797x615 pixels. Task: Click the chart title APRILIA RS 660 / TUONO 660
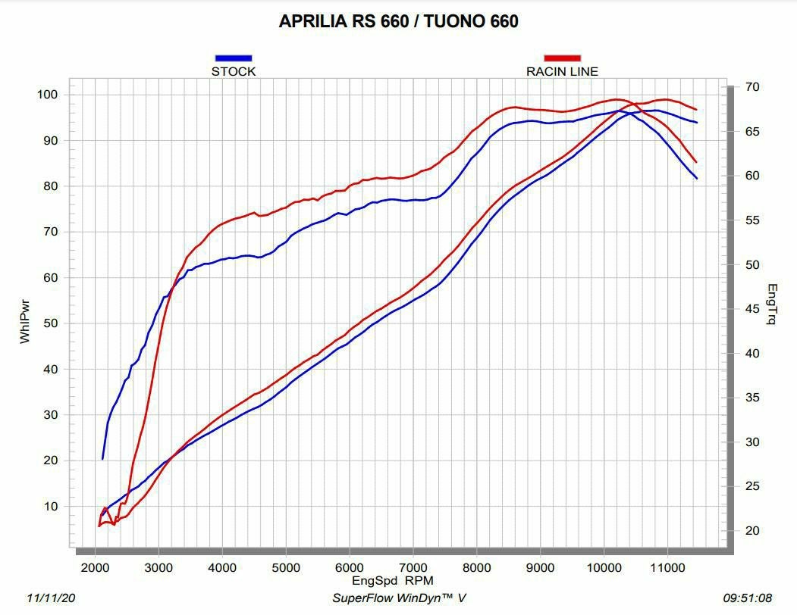click(x=398, y=21)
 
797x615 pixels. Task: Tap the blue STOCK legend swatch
click(x=234, y=58)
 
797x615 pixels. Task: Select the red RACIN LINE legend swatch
click(x=562, y=58)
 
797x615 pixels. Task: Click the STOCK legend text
click(x=234, y=72)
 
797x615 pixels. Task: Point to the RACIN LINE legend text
click(x=562, y=72)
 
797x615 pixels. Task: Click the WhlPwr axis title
click(x=25, y=323)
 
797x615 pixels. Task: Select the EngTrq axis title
click(x=772, y=304)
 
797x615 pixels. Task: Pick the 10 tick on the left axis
click(x=51, y=507)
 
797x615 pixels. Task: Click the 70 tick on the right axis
click(x=752, y=87)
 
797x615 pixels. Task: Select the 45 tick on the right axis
click(x=752, y=309)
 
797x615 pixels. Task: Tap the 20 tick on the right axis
click(x=752, y=531)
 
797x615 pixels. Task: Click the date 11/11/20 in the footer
click(x=51, y=598)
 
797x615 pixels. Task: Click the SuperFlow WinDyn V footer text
click(x=399, y=598)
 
